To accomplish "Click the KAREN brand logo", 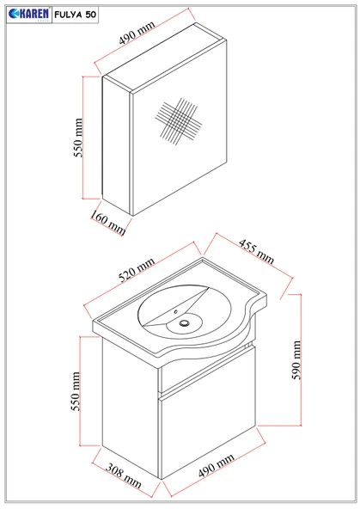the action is click(x=29, y=15).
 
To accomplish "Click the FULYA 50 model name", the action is click(x=76, y=15).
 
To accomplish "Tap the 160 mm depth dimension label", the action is click(x=107, y=223).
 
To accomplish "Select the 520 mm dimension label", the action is click(x=137, y=270).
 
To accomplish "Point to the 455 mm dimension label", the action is click(x=256, y=251).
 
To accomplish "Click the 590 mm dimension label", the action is click(x=296, y=359).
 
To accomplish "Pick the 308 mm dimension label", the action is click(x=124, y=475).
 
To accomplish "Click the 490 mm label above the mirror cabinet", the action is click(x=137, y=33).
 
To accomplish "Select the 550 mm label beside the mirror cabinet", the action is click(x=78, y=138).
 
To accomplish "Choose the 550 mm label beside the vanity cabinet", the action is click(x=76, y=391).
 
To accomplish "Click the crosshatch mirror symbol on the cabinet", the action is click(x=179, y=121).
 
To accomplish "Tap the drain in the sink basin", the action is click(x=185, y=322).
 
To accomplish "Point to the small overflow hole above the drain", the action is click(x=176, y=312).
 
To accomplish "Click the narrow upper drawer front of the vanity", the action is click(x=207, y=368).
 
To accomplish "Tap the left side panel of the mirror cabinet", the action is click(x=117, y=145).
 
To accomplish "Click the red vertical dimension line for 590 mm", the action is click(x=301, y=359).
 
